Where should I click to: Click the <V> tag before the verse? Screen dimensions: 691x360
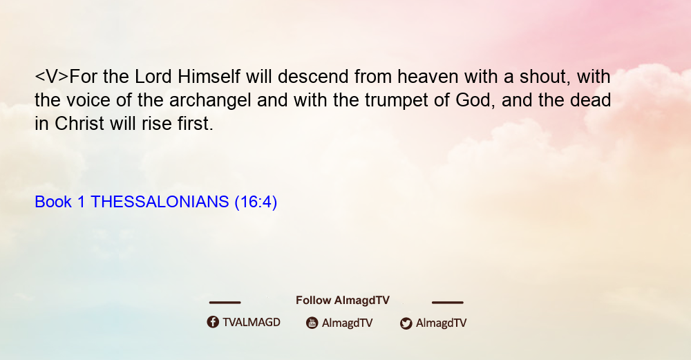(x=52, y=77)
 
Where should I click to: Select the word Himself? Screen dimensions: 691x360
(x=209, y=77)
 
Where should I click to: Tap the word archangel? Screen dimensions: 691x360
(x=210, y=100)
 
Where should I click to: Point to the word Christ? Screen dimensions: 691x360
(x=79, y=124)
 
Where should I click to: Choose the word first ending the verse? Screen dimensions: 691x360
(x=196, y=124)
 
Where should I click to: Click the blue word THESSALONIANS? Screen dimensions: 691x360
(x=160, y=202)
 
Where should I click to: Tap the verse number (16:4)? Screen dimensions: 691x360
(x=256, y=202)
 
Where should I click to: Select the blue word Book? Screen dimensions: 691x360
(x=53, y=202)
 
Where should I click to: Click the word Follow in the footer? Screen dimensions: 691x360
(x=313, y=300)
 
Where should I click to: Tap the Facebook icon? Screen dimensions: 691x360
(x=213, y=322)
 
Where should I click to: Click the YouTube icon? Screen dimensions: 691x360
(x=312, y=323)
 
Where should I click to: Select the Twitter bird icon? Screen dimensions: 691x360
(x=406, y=323)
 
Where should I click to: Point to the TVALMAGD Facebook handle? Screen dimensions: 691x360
(x=252, y=322)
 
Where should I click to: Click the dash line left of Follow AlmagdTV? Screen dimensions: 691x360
(x=225, y=303)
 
